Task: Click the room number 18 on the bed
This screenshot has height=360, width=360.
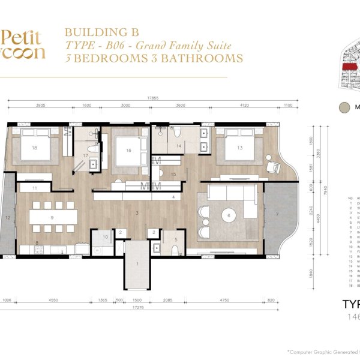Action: tap(35, 147)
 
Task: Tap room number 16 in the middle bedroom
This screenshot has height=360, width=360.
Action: tap(128, 150)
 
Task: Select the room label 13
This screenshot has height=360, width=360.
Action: tap(239, 147)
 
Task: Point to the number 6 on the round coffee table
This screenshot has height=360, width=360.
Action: tap(228, 215)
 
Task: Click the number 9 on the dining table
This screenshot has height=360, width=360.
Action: tap(53, 217)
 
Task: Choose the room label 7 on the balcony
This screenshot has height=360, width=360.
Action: tap(277, 214)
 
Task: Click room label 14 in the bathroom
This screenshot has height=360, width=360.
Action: tap(178, 146)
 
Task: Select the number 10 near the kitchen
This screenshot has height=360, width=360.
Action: tap(105, 238)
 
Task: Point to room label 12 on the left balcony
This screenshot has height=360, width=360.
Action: tap(7, 217)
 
